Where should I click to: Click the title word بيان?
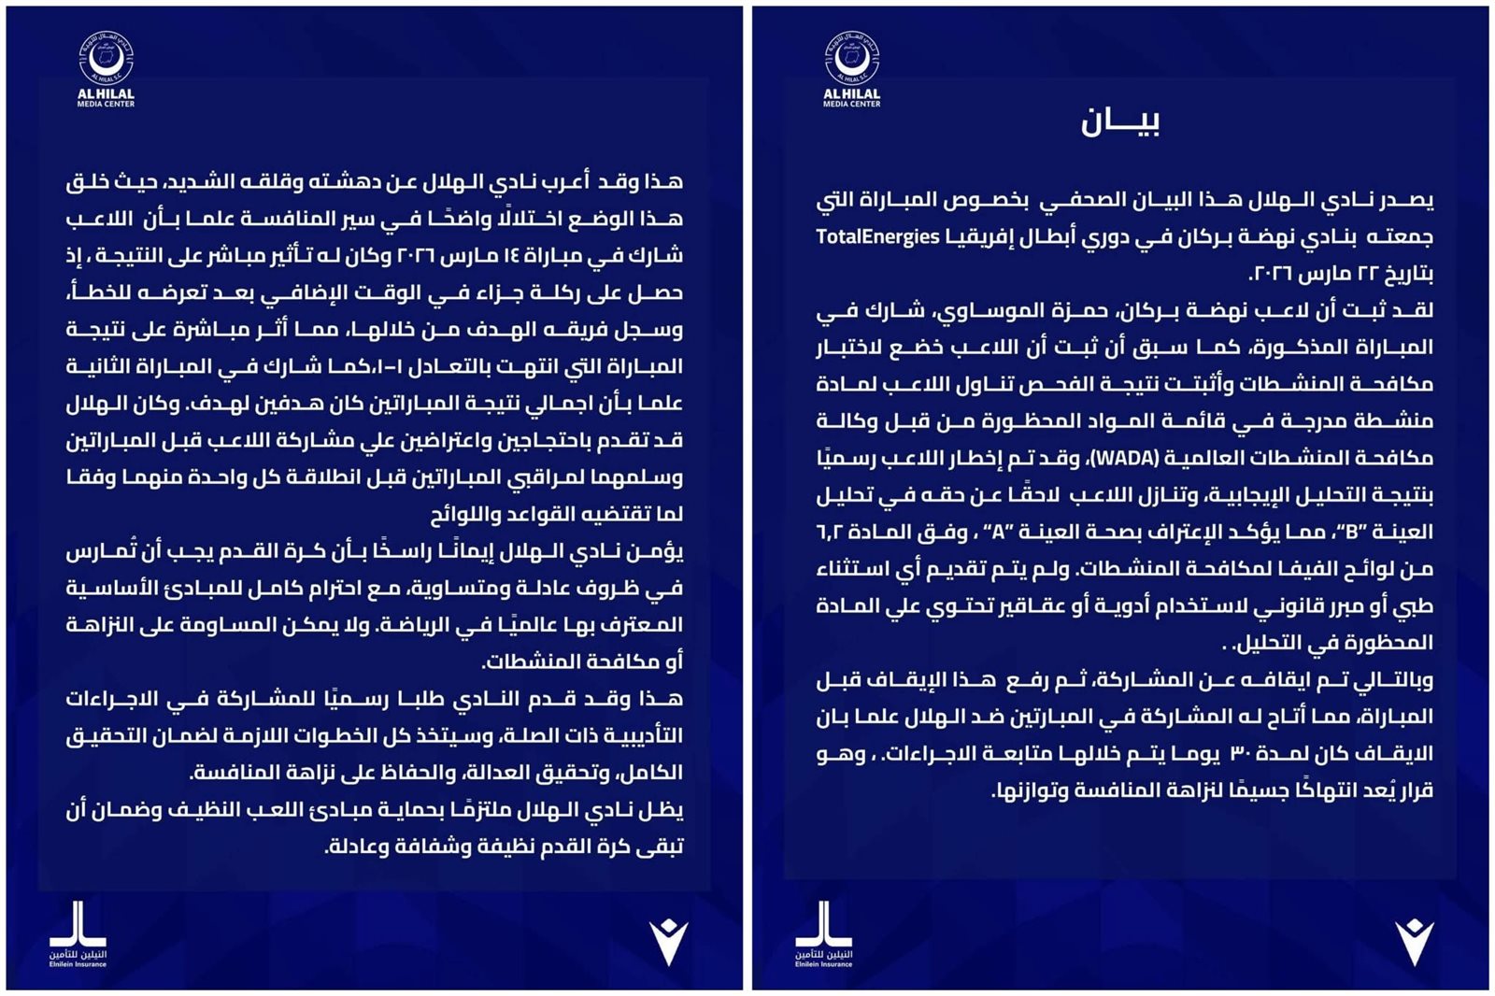[1119, 121]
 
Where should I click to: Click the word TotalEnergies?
[876, 236]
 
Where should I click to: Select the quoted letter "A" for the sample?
[996, 532]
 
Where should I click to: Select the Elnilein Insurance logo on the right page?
[823, 932]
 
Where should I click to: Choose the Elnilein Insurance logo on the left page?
[78, 932]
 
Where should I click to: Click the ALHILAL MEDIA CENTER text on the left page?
[106, 98]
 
